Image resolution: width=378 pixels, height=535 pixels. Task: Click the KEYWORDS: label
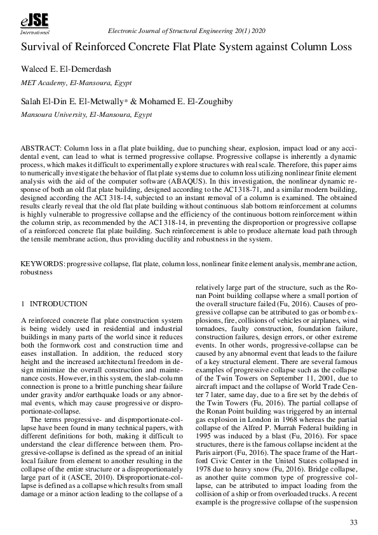[x=43, y=263]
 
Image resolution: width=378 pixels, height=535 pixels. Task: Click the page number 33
[x=353, y=522]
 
